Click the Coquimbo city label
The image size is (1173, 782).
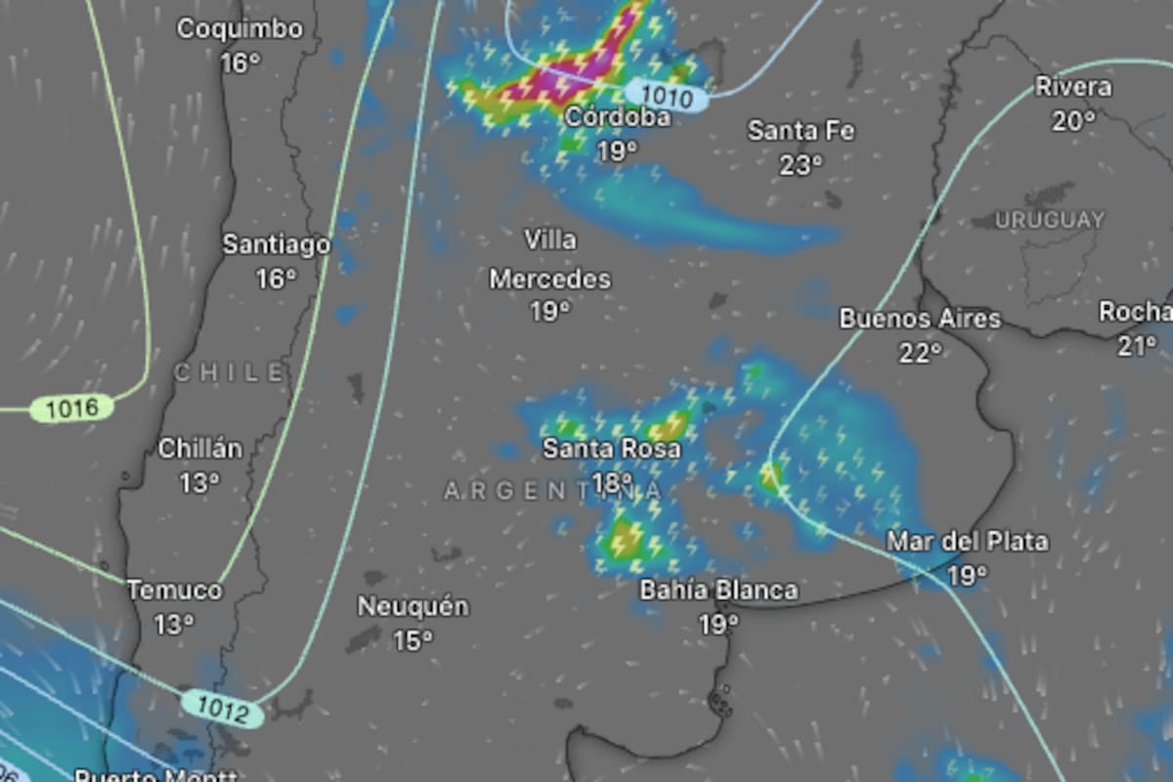point(239,29)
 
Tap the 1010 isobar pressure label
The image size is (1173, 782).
point(670,97)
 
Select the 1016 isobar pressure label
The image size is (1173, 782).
point(71,408)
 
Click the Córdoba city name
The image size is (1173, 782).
point(619,117)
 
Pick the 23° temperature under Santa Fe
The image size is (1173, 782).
point(801,166)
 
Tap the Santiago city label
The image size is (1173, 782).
point(277,244)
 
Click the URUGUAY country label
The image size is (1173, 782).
point(1049,220)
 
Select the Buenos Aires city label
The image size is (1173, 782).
point(920,319)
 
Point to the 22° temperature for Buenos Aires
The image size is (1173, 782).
point(920,352)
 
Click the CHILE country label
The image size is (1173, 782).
point(232,372)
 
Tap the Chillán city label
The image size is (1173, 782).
point(199,449)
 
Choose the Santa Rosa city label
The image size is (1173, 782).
point(612,449)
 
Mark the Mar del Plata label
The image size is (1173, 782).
point(967,541)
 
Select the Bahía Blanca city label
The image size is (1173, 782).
point(718,590)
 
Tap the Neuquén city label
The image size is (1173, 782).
point(413,607)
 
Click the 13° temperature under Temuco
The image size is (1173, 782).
point(174,625)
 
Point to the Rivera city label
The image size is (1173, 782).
point(1072,87)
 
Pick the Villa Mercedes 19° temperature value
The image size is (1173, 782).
point(550,312)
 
